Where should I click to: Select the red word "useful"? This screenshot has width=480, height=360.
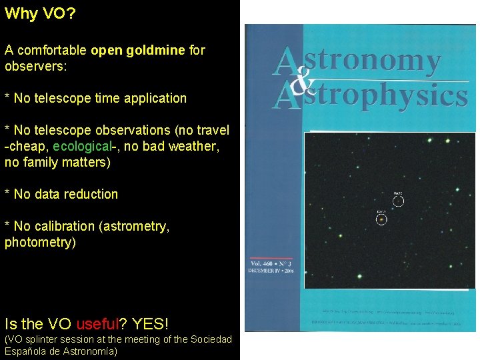coord(98,324)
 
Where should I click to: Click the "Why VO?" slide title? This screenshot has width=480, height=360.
coord(40,14)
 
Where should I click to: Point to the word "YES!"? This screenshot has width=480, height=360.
coord(150,324)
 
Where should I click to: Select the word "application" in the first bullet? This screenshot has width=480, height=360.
coord(155,98)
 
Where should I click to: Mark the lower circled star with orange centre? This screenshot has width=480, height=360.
coord(381,219)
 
